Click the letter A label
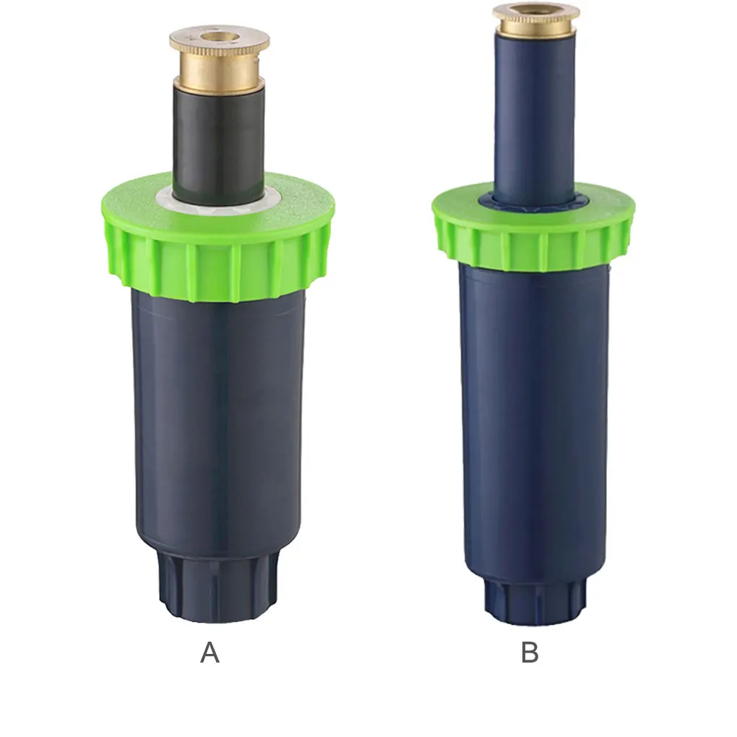click(210, 652)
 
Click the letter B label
click(530, 652)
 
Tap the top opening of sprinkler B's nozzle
click(536, 8)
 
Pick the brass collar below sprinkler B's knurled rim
click(536, 27)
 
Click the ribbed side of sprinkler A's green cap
click(217, 267)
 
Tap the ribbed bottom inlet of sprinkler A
click(217, 589)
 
